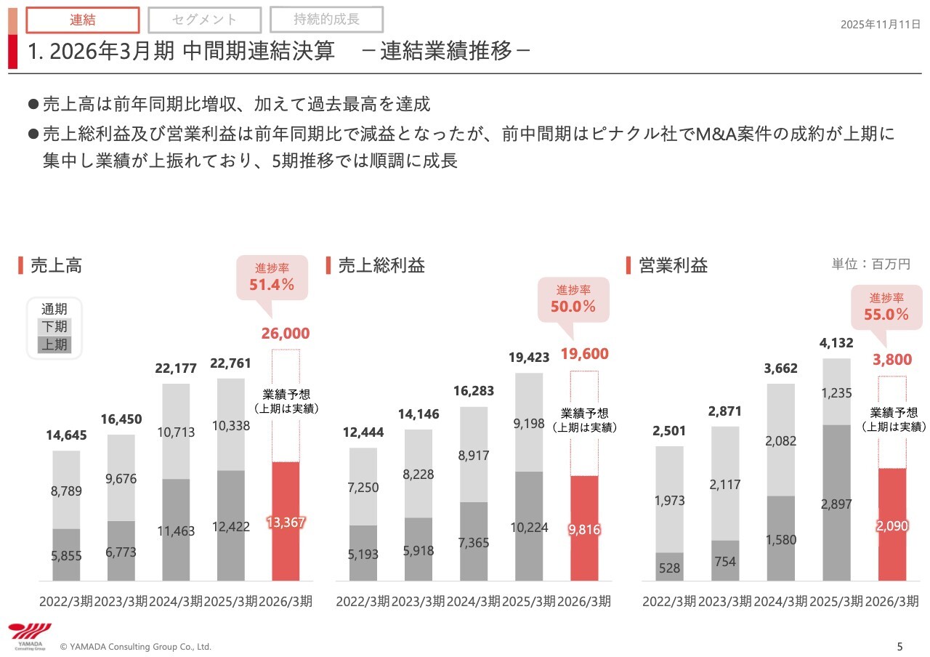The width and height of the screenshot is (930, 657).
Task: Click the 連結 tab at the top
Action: [83, 20]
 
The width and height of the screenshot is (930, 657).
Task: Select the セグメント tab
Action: [204, 20]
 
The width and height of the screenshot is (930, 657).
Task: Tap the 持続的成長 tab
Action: [326, 19]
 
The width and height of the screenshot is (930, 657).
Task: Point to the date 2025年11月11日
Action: [881, 25]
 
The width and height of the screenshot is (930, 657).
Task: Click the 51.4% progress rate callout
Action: [272, 278]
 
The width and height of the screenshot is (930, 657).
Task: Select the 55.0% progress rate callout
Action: [886, 307]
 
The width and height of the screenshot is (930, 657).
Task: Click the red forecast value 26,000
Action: [285, 334]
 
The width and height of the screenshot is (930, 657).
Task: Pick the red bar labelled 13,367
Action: [285, 521]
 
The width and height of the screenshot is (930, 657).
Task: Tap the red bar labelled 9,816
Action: [584, 528]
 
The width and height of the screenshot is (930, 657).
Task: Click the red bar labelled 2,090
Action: [892, 525]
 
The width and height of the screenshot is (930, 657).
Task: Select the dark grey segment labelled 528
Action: [670, 567]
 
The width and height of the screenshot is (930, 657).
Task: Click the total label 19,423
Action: [529, 357]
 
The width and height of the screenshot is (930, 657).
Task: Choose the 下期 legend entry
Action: [54, 327]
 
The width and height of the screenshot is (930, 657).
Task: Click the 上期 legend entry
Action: [54, 344]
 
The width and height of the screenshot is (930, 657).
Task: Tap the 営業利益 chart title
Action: [673, 265]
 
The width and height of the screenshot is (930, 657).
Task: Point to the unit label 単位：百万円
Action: [870, 265]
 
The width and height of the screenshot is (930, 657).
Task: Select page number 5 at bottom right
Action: [900, 646]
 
